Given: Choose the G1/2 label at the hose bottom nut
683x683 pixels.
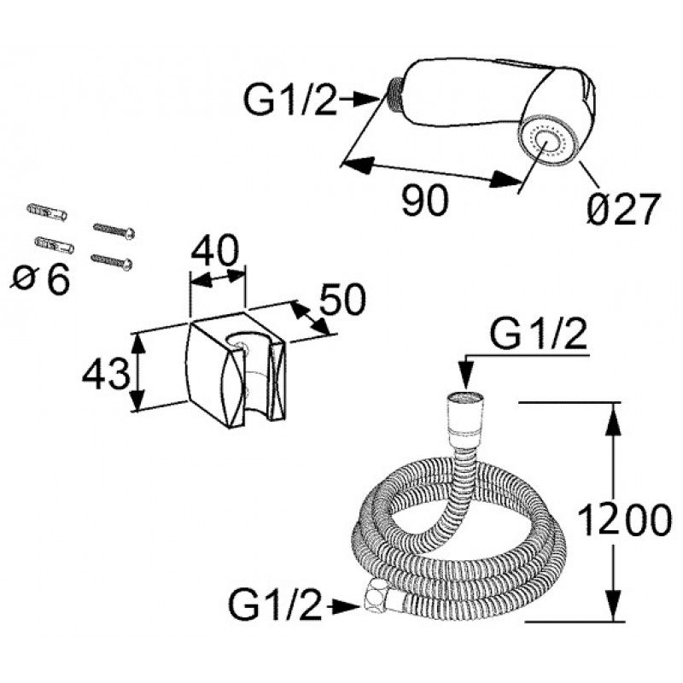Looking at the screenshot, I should [276, 606].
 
